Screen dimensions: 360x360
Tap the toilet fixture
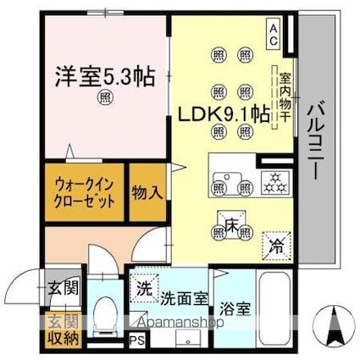(x=106, y=318)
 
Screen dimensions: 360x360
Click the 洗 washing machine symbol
(x=144, y=287)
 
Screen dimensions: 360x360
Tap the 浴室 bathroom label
(x=231, y=309)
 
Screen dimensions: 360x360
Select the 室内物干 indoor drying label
(x=285, y=95)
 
